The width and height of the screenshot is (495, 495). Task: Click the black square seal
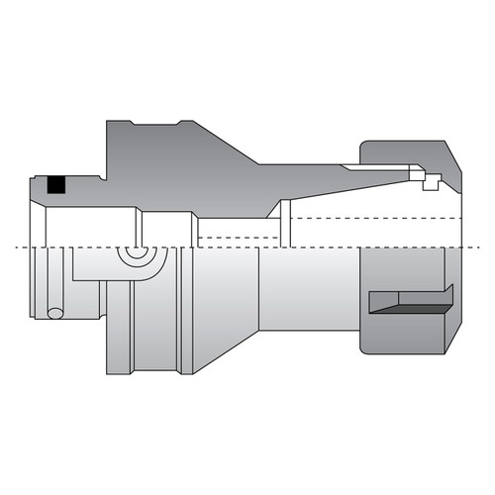[x=57, y=185]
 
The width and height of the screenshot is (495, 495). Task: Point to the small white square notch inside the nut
[x=431, y=182]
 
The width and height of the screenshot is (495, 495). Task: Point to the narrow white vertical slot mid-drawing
[x=284, y=222]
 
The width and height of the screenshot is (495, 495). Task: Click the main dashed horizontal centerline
[x=247, y=246]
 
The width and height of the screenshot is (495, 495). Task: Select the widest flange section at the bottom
[x=158, y=327]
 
